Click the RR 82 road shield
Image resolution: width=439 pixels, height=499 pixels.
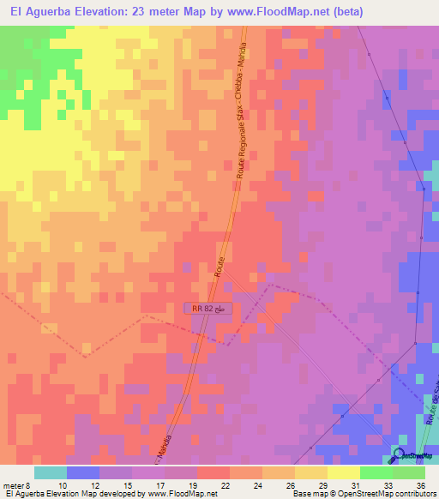tap(208, 309)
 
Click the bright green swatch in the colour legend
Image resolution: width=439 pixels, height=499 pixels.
tap(376, 472)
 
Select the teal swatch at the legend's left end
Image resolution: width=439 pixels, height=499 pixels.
tap(51, 472)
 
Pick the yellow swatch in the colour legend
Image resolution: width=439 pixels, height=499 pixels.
tap(343, 472)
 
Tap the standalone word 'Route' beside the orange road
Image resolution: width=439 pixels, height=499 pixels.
tap(220, 267)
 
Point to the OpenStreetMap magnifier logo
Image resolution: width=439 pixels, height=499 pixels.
tap(400, 456)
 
